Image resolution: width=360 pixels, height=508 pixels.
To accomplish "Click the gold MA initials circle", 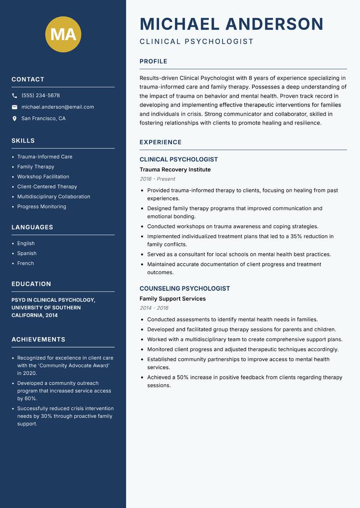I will click(x=63, y=34).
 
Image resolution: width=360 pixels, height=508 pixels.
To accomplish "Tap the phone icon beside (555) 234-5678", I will click(x=14, y=96).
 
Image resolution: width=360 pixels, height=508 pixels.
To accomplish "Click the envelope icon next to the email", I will click(x=14, y=107).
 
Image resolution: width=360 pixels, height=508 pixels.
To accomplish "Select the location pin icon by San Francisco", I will click(x=14, y=119).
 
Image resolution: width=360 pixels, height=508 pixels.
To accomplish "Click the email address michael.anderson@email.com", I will click(x=58, y=107).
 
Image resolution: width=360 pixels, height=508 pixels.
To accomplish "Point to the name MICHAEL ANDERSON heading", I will click(x=231, y=24).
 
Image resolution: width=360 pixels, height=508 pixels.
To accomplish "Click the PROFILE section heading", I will click(x=153, y=62).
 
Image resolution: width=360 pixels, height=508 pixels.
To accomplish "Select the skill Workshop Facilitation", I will click(x=43, y=177).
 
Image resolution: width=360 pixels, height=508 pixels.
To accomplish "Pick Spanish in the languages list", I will click(x=27, y=254).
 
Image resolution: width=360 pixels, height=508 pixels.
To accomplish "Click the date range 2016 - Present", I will click(x=157, y=179).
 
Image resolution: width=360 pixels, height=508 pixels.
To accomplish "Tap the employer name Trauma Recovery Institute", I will click(x=175, y=169).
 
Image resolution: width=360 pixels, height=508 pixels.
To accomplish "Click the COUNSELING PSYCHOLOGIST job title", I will click(x=184, y=289).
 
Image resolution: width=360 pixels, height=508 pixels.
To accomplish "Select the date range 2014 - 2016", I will click(x=154, y=308).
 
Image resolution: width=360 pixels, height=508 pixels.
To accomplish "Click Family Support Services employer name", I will click(x=172, y=299).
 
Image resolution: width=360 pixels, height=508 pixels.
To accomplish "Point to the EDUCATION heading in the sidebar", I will click(x=31, y=284).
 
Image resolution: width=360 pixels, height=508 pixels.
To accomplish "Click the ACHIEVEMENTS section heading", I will click(x=38, y=339).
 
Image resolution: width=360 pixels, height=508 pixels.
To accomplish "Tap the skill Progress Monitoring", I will click(x=41, y=207).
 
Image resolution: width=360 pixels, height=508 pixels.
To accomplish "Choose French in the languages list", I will click(x=26, y=263).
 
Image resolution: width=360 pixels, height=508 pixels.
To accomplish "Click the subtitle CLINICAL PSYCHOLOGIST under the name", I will click(x=197, y=42).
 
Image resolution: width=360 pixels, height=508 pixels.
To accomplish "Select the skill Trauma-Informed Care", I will click(x=45, y=157).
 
